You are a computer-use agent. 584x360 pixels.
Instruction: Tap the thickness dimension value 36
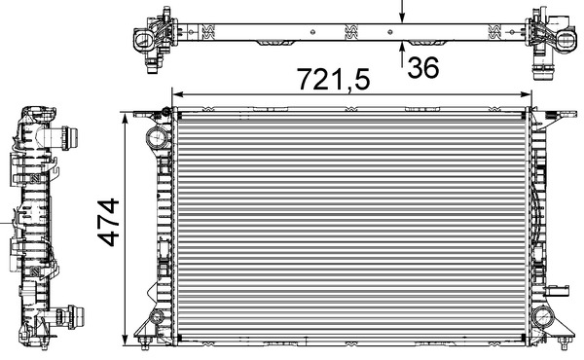pos(424,69)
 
